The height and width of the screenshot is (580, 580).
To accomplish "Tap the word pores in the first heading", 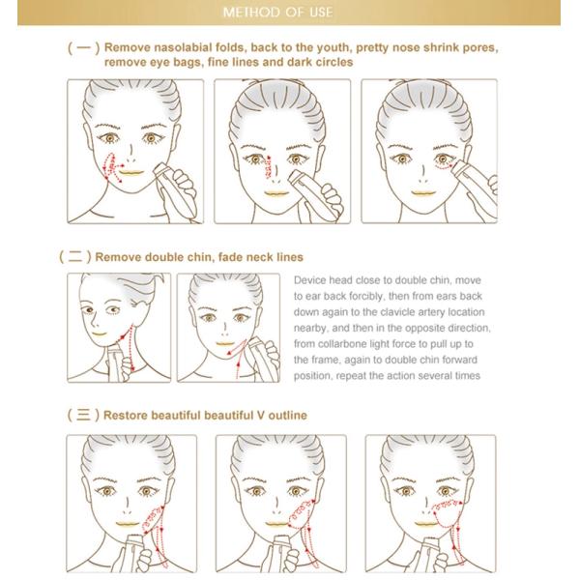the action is [x=479, y=48].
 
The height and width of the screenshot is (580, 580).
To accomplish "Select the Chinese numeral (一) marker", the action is [x=83, y=47].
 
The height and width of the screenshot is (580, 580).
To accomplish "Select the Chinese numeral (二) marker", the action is [x=75, y=256].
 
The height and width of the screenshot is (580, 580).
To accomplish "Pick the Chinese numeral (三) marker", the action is [x=83, y=415].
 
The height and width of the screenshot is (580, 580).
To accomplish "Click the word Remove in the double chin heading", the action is [x=118, y=257].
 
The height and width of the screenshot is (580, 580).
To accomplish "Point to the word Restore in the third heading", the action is [x=126, y=415].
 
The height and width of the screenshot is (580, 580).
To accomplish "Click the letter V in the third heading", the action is [x=261, y=415].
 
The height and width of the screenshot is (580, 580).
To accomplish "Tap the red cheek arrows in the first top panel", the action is [x=112, y=167].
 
